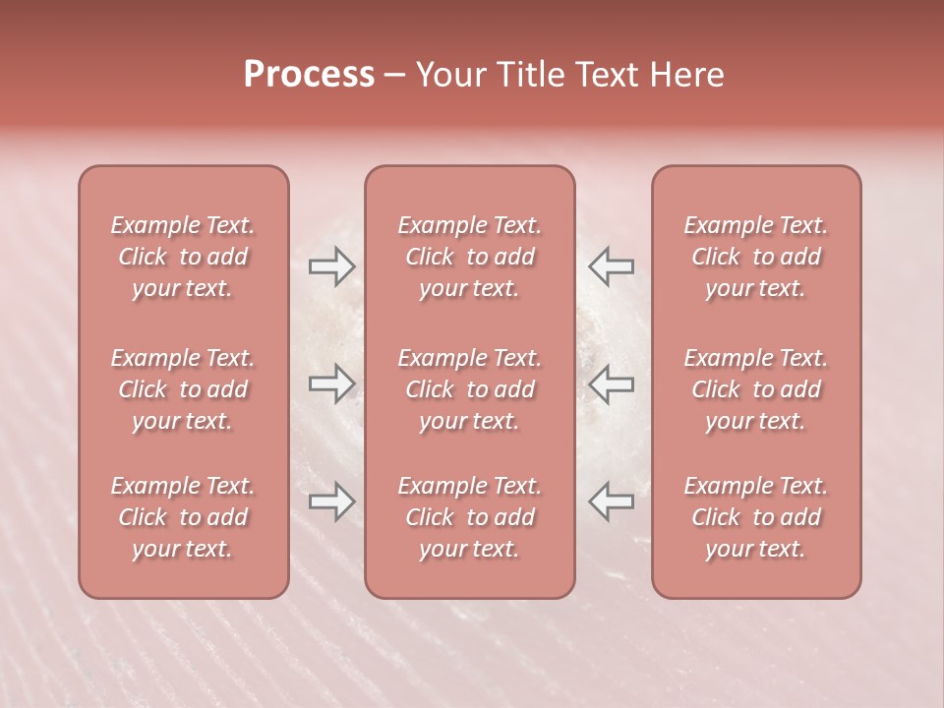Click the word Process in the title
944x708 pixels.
pos(309,75)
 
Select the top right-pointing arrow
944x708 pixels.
pos(331,265)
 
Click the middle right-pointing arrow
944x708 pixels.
pos(331,383)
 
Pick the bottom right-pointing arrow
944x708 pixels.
pos(331,501)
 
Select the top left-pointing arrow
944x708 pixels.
pos(611,265)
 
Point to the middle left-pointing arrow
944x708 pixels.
pos(611,383)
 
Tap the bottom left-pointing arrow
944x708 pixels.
pos(611,501)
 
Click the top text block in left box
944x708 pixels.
pos(183,257)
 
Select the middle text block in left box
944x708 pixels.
pos(183,389)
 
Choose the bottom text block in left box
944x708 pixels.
pos(183,517)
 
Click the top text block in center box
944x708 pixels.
pos(470,257)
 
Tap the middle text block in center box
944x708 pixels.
pos(470,389)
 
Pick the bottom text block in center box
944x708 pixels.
pos(470,517)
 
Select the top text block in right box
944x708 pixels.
pos(756,257)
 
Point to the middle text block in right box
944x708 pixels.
pos(756,389)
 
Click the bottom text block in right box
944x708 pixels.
pos(756,517)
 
